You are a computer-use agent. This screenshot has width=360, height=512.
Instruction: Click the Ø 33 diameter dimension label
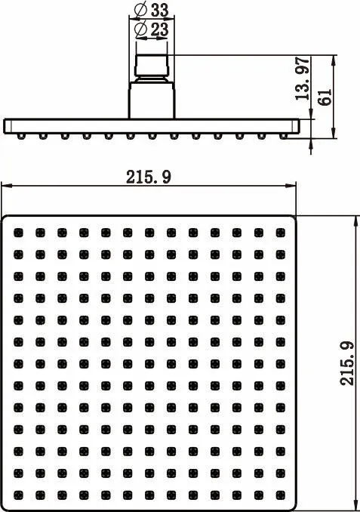pos(152,11)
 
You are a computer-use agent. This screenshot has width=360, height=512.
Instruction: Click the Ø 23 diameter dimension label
pos(152,29)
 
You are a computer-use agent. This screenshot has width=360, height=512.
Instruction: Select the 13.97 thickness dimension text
pos(302,79)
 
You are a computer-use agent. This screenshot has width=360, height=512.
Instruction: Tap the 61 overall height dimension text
pos(325,97)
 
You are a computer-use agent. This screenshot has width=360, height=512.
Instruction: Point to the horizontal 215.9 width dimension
pos(149,177)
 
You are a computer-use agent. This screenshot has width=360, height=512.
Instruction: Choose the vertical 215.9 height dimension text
pos(347,363)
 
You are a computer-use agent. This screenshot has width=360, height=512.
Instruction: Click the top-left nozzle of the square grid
pos(19,233)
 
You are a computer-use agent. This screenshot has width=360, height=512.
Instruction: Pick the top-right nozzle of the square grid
pos(280,233)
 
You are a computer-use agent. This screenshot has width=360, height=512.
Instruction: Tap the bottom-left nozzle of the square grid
pos(19,495)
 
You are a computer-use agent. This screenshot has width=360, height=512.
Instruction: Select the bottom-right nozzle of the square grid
pos(280,495)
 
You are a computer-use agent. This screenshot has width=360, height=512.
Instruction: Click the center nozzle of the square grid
pos(149,364)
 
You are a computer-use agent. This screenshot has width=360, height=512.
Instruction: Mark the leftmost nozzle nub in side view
pos(21,136)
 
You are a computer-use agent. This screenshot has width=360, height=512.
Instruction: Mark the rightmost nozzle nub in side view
pos(283,136)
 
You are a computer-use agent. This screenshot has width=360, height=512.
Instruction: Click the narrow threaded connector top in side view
pos(152,65)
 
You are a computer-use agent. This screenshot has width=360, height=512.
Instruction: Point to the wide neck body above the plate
pos(152,100)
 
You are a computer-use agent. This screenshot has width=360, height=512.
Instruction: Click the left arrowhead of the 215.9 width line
pos(7,186)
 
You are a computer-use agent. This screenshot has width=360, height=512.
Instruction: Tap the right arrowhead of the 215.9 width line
pos(291,186)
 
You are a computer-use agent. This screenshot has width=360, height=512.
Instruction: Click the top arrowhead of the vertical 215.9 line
pos(355,221)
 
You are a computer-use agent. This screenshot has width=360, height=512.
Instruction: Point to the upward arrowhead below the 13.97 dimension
pos(311,143)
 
